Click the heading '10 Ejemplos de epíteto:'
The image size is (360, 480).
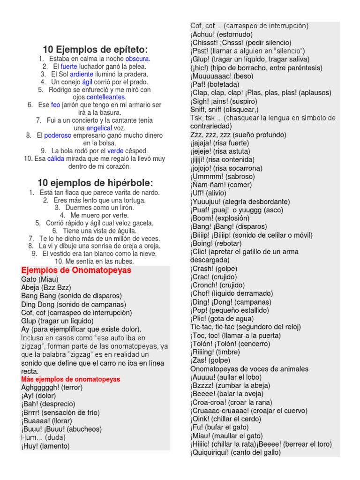(95, 49)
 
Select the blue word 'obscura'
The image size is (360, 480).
(137, 59)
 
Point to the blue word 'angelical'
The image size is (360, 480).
(99, 128)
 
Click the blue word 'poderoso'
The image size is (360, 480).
(58, 135)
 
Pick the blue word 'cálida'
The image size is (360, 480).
(56, 159)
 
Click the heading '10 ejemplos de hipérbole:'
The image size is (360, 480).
(95, 183)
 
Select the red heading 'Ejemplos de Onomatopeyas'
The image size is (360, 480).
(76, 270)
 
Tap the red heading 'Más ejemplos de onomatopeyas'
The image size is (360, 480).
(70, 379)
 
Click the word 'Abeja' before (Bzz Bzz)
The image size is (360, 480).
(30, 287)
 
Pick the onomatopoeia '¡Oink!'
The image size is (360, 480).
(200, 419)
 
